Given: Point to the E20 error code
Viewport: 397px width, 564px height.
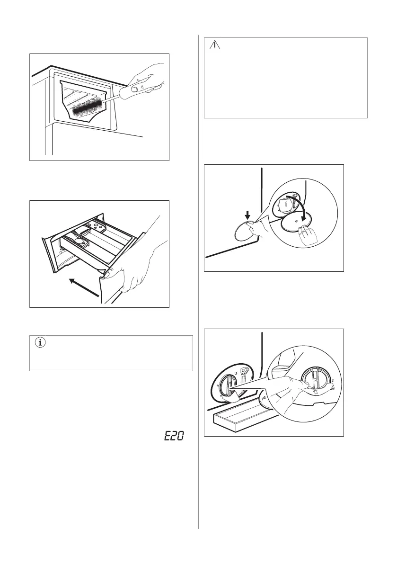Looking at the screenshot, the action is click(175, 436).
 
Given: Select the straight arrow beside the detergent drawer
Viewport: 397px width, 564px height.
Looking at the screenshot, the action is click(84, 287).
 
